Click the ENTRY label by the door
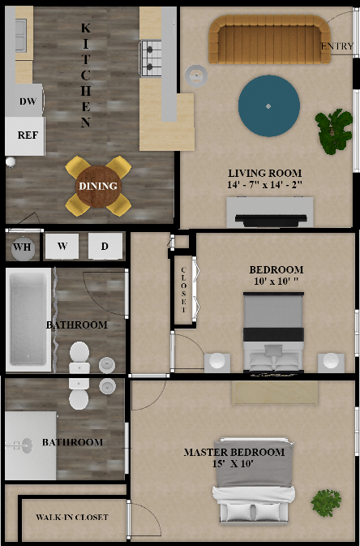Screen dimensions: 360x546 tap(337, 46)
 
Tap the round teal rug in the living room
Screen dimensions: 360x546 tap(268, 105)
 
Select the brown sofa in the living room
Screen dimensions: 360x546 tap(269, 39)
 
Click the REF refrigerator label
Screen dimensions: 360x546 tap(28, 135)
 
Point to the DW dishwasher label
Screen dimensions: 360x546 tap(28, 101)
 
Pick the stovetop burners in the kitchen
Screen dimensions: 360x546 tap(151, 58)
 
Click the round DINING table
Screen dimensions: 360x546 tap(98, 187)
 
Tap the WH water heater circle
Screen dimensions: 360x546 tap(23, 247)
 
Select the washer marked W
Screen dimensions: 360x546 tap(62, 246)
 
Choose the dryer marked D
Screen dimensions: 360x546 tap(105, 246)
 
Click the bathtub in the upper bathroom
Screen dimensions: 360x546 tap(28, 319)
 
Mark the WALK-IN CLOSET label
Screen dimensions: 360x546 tap(72, 517)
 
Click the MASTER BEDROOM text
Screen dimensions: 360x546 tap(234, 453)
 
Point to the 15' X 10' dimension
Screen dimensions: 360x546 tap(233, 463)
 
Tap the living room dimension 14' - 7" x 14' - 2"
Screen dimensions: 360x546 tap(264, 184)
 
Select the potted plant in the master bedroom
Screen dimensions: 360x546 tap(326, 502)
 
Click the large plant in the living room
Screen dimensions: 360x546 tap(333, 131)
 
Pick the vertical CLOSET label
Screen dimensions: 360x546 tap(183, 290)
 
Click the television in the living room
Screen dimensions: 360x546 tap(271, 219)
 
